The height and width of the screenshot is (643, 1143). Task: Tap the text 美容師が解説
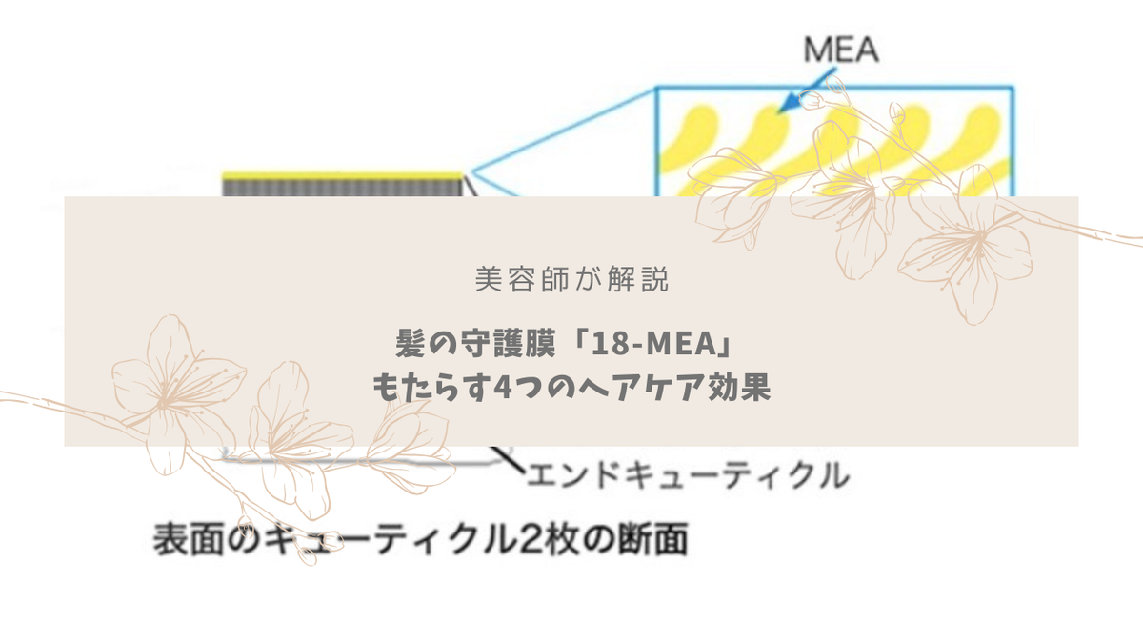(571, 279)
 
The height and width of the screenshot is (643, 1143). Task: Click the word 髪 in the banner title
(410, 340)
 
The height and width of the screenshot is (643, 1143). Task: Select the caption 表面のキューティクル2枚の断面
(420, 539)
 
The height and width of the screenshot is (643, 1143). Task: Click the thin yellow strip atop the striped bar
(343, 176)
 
